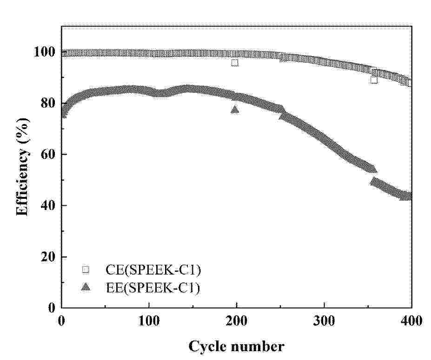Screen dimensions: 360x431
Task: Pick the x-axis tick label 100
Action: click(149, 321)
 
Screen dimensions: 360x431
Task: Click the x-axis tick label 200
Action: click(236, 321)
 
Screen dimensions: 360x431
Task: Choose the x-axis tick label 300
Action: click(324, 321)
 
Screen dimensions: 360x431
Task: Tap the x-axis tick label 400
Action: click(411, 321)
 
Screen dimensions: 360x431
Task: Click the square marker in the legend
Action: click(85, 269)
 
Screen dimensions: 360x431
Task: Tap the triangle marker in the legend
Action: click(85, 288)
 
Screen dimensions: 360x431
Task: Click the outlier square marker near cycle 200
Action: click(235, 63)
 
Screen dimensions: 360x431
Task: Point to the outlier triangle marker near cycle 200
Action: click(235, 110)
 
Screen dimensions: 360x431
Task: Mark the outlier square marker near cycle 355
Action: click(374, 80)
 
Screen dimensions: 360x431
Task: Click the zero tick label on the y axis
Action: click(52, 307)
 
